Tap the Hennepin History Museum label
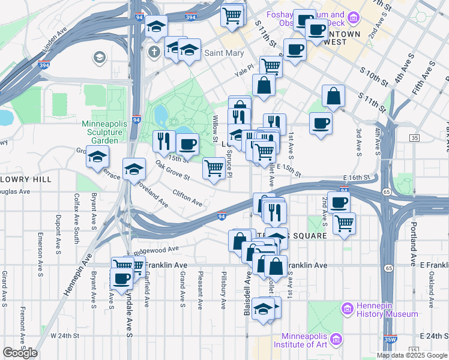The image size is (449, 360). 387,310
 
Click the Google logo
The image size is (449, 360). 20,353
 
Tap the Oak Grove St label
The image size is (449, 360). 172,170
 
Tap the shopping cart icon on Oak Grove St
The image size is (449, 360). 214,168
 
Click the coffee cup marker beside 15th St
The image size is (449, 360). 188,144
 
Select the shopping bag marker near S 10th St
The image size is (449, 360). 333,96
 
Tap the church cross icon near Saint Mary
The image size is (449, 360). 154,52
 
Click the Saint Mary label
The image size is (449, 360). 224,53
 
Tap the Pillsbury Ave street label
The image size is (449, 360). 223,290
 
